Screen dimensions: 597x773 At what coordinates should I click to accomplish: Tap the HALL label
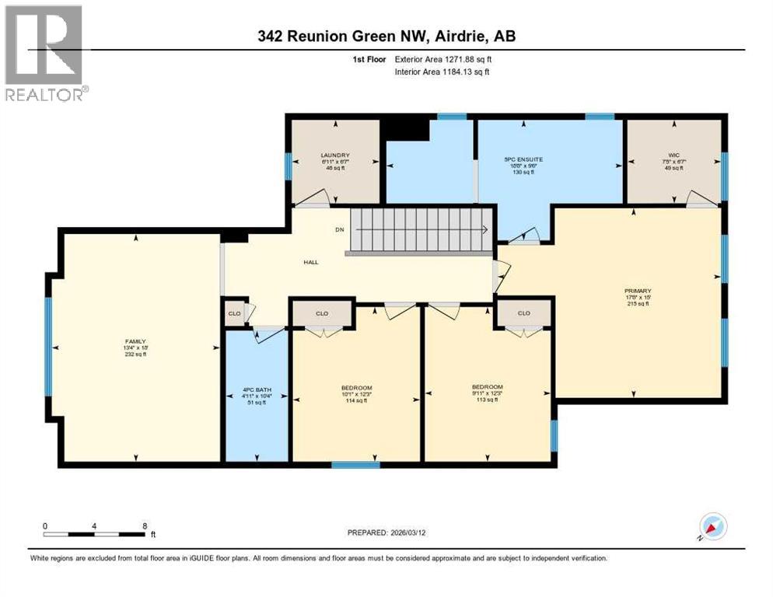311,262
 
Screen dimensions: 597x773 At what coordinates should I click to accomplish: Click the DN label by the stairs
339,229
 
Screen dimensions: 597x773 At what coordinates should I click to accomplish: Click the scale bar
94,534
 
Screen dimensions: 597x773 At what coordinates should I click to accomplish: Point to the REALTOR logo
44,54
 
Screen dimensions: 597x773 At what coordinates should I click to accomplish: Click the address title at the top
386,36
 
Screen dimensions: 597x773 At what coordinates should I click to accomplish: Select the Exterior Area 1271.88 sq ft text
442,58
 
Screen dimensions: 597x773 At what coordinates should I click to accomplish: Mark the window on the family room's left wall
48,347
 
